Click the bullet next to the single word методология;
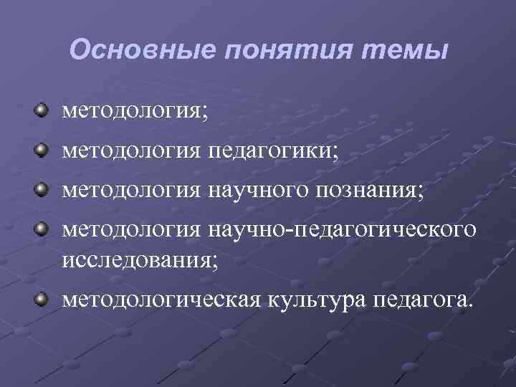(42, 111)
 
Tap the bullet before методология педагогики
(42, 150)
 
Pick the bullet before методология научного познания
(42, 190)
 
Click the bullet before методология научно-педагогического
(42, 229)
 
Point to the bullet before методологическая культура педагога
(42, 297)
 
